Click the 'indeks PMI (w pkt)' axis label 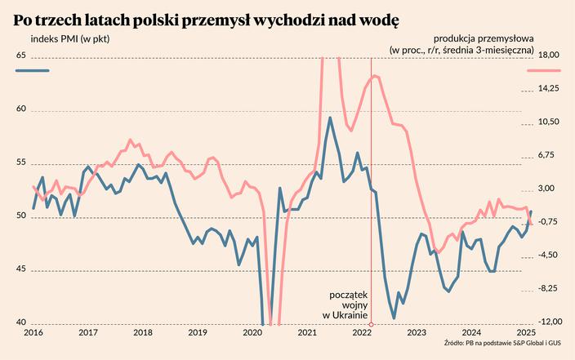[x=70, y=38]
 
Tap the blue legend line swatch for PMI [x=33, y=72]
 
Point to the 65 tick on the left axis [x=21, y=56]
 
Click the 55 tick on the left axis [x=21, y=162]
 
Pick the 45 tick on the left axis [x=21, y=269]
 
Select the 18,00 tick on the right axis [x=547, y=56]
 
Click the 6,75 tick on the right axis [x=547, y=155]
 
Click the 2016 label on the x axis [x=33, y=333]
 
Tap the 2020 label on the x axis [x=252, y=333]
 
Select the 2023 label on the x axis [x=417, y=333]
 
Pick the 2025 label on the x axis [x=526, y=333]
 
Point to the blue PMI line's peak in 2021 [x=330, y=118]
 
